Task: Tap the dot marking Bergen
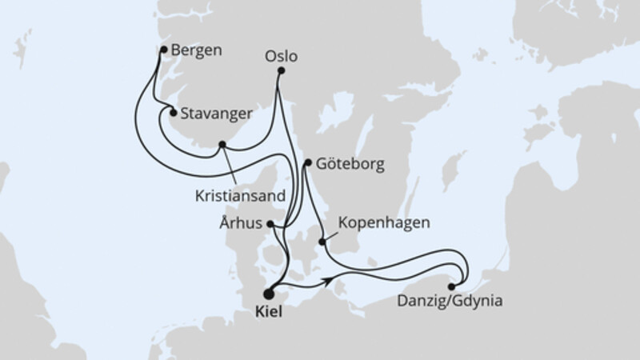point(164,50)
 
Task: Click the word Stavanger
point(214,114)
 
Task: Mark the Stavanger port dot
point(172,114)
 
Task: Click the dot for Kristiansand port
point(222,145)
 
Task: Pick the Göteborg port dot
point(308,163)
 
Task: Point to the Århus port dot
point(271,224)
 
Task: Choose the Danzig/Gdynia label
point(450,302)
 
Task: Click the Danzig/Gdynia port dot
point(453,286)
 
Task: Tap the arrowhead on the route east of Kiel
point(329,282)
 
